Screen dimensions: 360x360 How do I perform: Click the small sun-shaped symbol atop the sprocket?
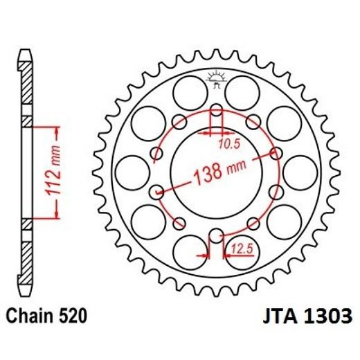point(216,78)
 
